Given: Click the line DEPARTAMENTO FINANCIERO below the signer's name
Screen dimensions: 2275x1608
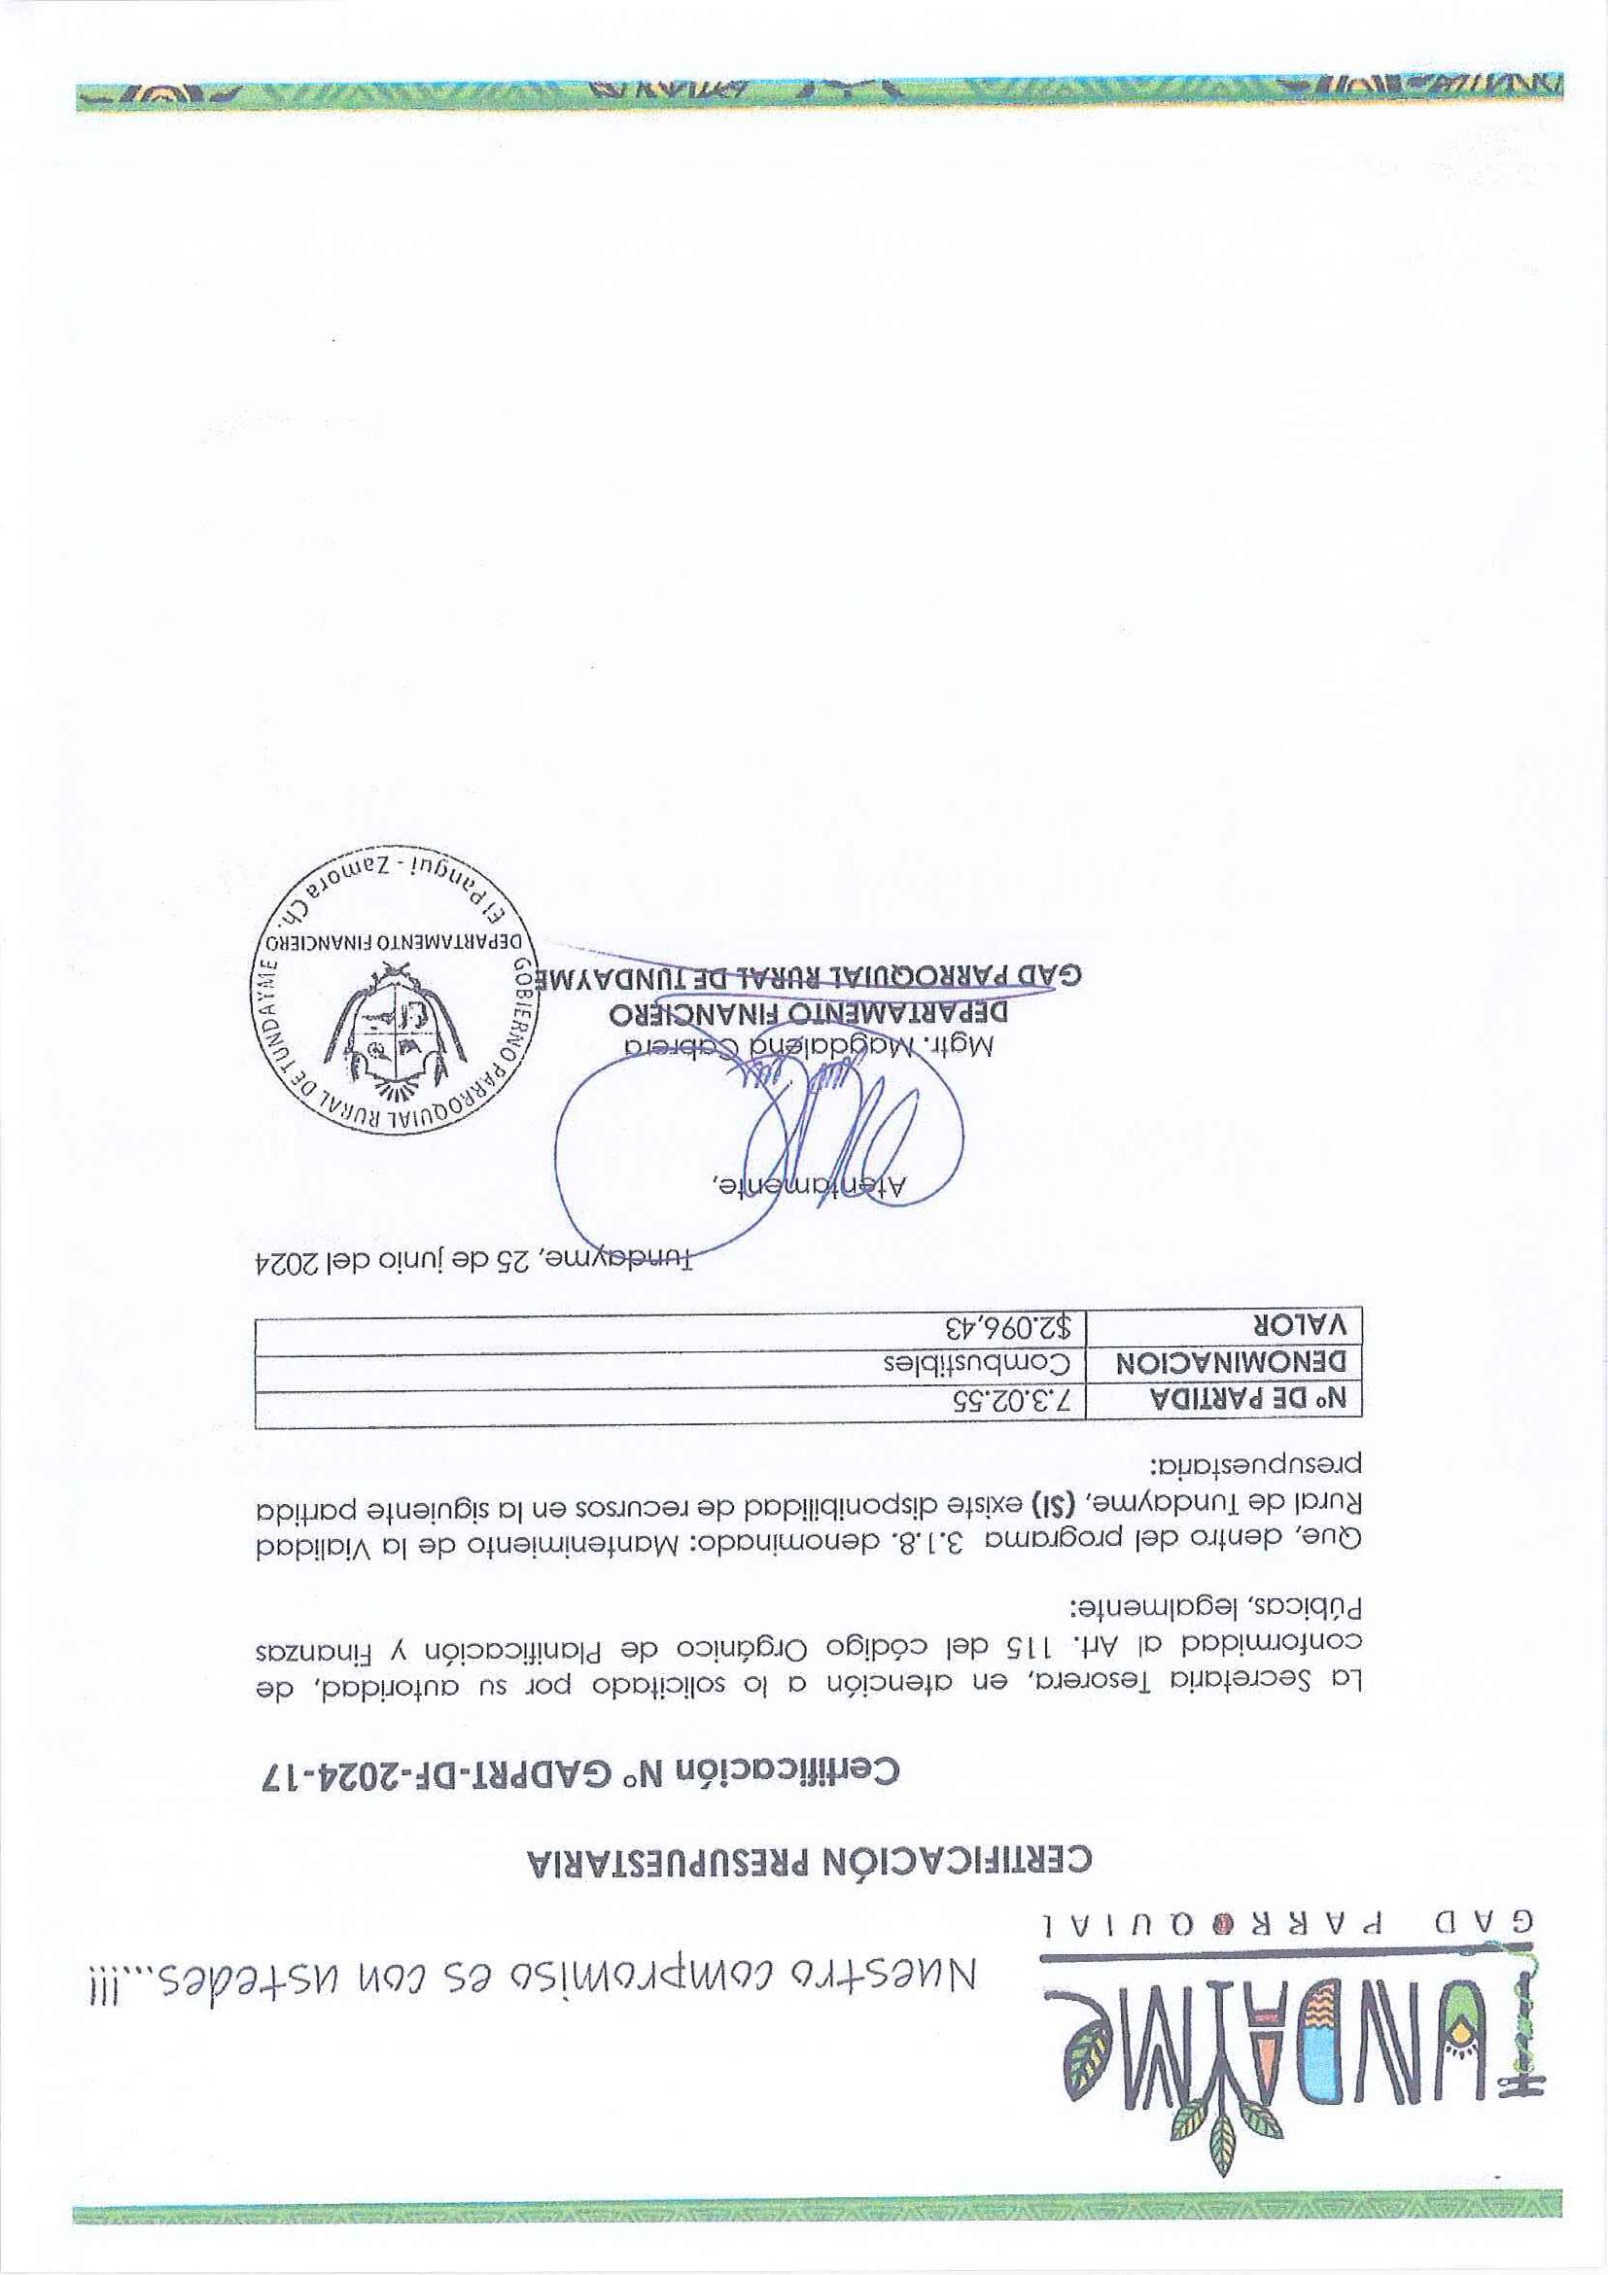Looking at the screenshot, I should click(808, 1013).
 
